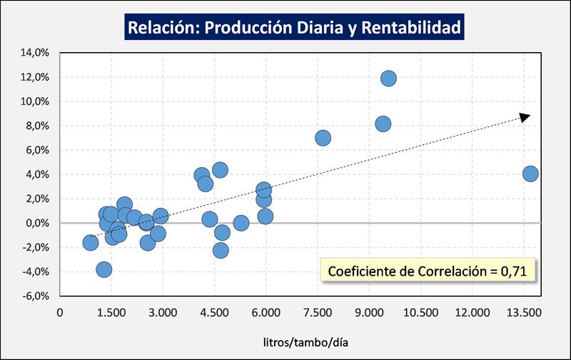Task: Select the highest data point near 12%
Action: [x=388, y=79]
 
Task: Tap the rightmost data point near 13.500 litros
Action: [x=530, y=174]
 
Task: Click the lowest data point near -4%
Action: [x=104, y=269]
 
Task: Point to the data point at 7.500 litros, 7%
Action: [x=323, y=138]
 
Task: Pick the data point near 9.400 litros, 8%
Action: [x=383, y=124]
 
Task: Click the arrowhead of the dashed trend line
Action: [x=525, y=116]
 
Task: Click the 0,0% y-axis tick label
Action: [x=36, y=223]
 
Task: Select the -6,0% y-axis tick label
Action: [x=35, y=296]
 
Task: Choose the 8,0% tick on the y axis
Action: [x=36, y=126]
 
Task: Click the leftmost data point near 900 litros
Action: [x=91, y=242]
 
